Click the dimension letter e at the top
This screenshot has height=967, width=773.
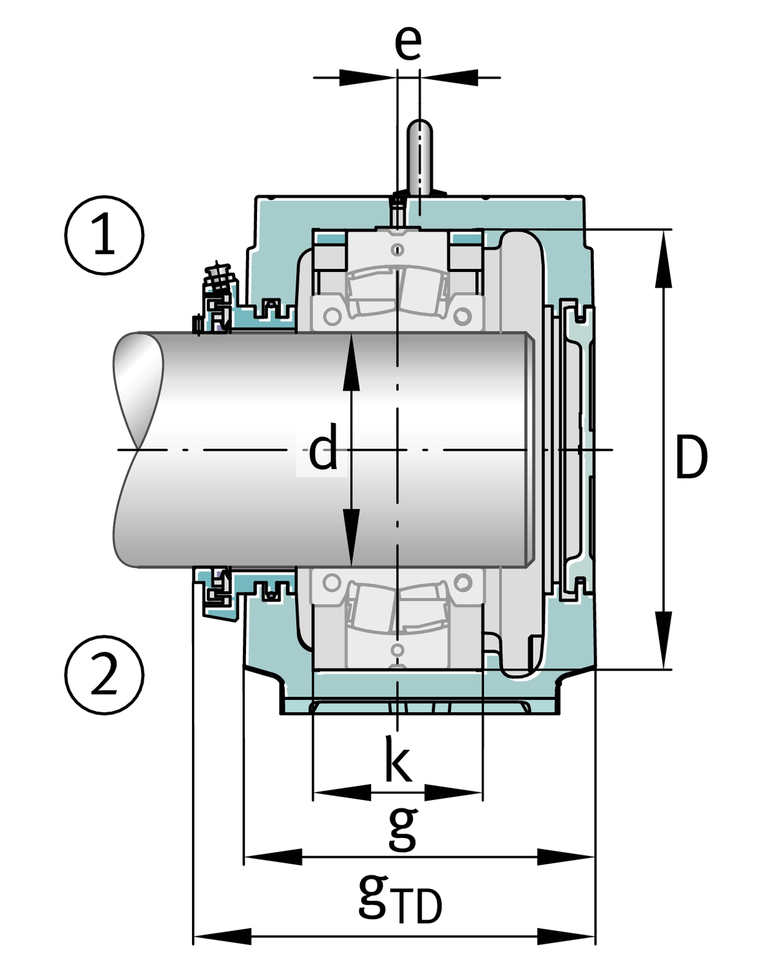[x=408, y=43]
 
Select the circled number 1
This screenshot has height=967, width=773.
[x=104, y=235]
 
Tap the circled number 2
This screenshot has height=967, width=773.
[x=104, y=675]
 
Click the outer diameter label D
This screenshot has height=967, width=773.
[x=691, y=457]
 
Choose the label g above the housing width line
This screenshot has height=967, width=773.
[x=403, y=828]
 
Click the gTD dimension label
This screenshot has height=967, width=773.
[x=399, y=898]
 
